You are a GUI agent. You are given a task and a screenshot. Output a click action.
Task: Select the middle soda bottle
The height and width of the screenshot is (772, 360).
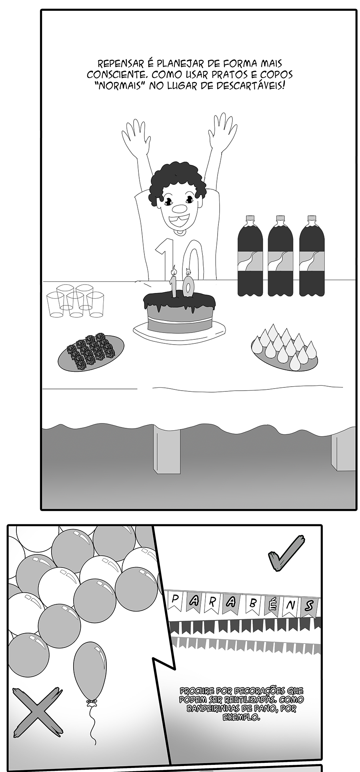click(x=280, y=256)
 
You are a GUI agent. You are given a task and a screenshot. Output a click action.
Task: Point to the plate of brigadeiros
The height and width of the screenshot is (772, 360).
click(x=91, y=353)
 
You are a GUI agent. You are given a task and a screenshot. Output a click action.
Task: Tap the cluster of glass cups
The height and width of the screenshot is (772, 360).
click(x=76, y=301)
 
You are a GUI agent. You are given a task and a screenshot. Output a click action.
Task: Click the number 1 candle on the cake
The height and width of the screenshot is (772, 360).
click(x=174, y=283)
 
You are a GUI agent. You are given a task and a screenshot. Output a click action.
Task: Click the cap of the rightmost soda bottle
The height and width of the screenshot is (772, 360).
click(x=312, y=219)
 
